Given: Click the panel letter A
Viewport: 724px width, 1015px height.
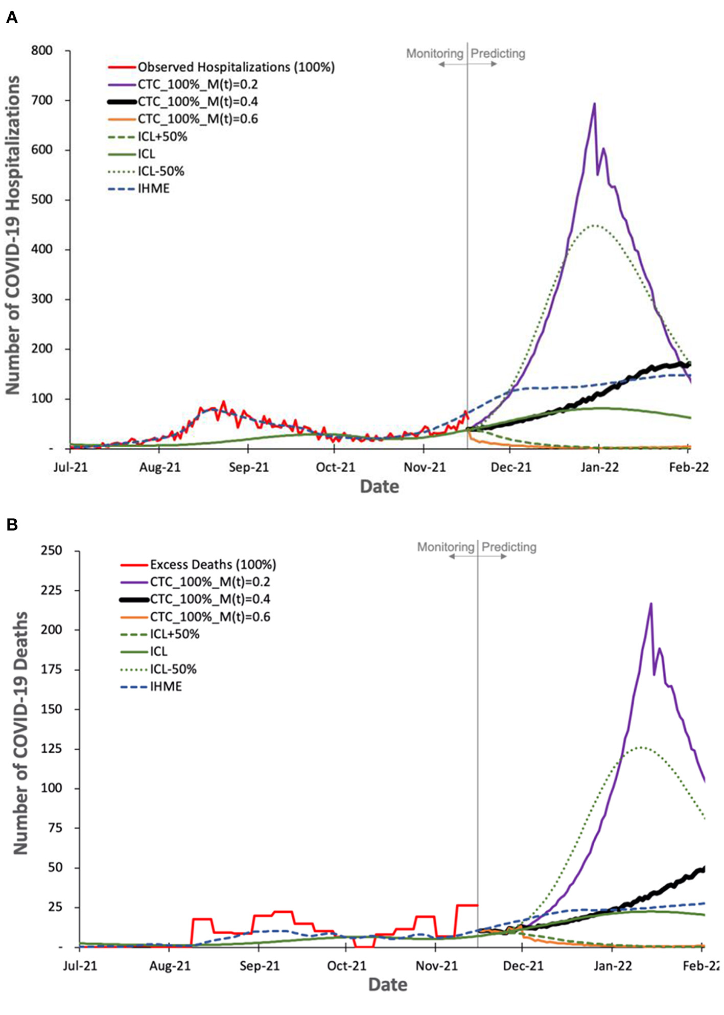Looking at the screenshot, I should click(x=11, y=18).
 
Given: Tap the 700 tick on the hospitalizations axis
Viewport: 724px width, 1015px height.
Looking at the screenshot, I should click(x=42, y=100).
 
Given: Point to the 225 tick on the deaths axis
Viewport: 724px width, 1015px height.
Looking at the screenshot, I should click(x=51, y=590).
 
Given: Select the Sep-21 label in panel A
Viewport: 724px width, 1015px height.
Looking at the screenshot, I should click(x=248, y=467).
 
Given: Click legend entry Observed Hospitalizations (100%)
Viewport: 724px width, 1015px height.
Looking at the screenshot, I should click(x=236, y=67).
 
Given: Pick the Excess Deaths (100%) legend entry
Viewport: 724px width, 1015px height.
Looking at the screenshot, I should click(x=213, y=564).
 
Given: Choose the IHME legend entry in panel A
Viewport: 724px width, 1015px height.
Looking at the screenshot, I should click(x=153, y=189).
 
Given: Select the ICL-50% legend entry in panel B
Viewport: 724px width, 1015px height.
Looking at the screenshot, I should click(x=173, y=669).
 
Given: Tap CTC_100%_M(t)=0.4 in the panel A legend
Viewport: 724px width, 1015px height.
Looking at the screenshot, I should click(x=197, y=102).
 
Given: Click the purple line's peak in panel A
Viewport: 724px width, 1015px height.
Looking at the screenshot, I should click(x=594, y=104).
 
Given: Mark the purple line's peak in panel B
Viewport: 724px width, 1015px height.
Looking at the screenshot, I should click(x=651, y=604).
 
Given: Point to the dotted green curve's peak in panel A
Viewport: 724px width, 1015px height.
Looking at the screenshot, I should click(x=595, y=225).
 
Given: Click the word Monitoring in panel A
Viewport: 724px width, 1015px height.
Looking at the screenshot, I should click(x=434, y=53).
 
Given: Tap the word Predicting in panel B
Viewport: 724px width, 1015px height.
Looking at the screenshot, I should click(x=509, y=547).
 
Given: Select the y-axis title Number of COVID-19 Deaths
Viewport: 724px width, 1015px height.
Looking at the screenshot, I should click(x=20, y=733).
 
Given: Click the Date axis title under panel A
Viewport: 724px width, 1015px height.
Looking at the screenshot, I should click(x=379, y=486).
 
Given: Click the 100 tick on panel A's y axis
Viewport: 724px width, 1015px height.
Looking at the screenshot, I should click(x=42, y=399).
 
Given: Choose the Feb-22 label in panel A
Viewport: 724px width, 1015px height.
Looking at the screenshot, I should click(x=689, y=467).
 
